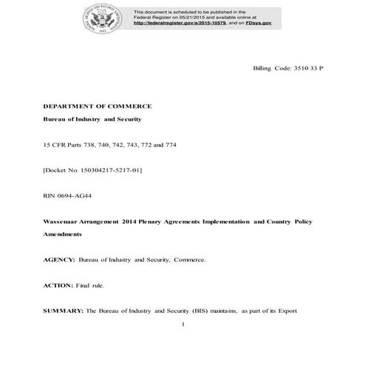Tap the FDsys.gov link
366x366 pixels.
[x=256, y=24]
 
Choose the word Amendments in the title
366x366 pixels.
[x=63, y=234]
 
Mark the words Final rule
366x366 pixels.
[x=91, y=285]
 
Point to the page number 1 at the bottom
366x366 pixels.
[x=183, y=325]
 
